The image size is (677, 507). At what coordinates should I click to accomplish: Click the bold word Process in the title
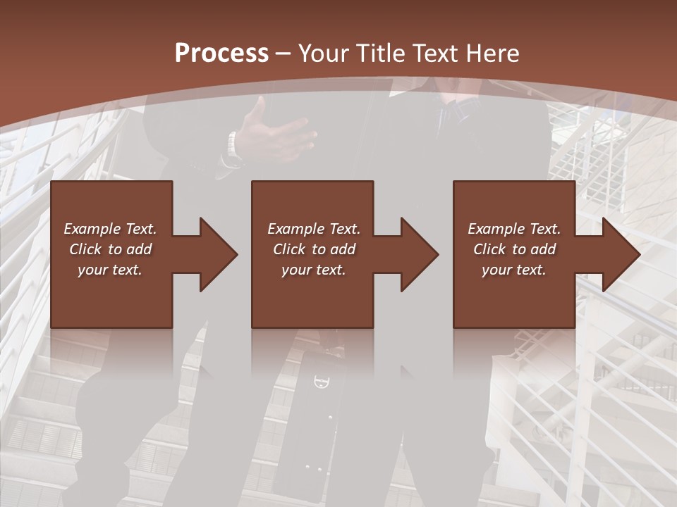pos(221,54)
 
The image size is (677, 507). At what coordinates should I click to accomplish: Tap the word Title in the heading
pos(381,54)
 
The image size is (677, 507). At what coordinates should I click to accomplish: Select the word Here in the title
pos(492,54)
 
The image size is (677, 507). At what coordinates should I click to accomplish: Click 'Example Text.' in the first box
pos(110,229)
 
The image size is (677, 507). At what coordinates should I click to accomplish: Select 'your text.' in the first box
pos(110,270)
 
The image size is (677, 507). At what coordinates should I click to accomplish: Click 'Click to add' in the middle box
pos(314,249)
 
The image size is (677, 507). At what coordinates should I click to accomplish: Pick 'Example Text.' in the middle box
pos(314,229)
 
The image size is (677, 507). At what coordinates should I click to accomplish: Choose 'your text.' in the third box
pos(514,270)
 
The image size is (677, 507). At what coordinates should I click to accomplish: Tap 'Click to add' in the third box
pos(514,249)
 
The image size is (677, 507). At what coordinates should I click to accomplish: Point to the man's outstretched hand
pos(279,134)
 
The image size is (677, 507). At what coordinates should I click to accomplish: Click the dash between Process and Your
pos(283,54)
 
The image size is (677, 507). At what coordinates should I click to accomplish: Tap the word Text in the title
pos(436,54)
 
